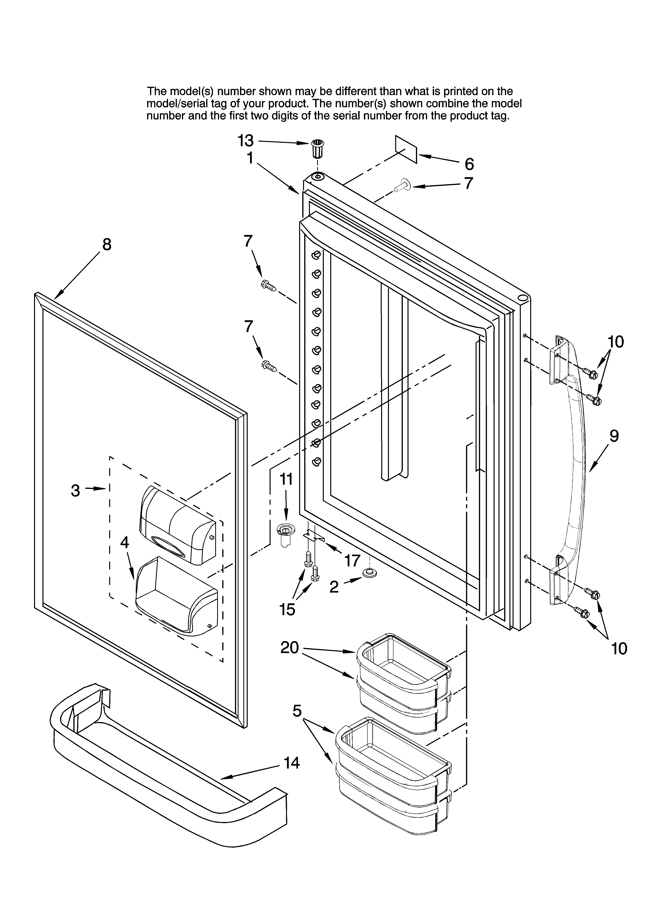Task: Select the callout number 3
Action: pos(75,490)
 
